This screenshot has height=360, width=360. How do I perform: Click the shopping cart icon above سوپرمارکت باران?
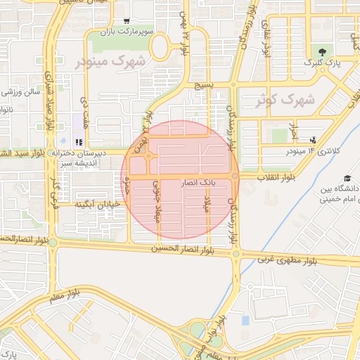[126, 22]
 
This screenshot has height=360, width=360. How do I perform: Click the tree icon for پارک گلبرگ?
[323, 52]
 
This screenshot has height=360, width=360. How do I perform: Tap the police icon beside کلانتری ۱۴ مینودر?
[312, 140]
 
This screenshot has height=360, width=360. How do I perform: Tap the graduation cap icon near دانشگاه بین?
[347, 179]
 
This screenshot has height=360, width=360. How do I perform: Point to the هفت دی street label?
[83, 110]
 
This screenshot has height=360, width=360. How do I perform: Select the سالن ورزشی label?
[22, 92]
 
